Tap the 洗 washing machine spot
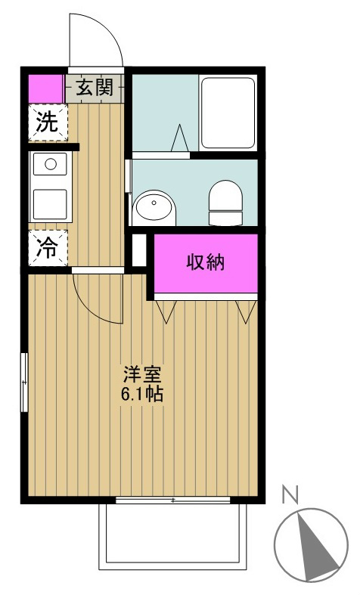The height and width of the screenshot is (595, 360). click(x=48, y=124)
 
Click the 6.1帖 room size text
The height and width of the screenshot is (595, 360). click(x=142, y=394)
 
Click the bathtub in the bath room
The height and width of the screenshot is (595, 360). click(x=228, y=113)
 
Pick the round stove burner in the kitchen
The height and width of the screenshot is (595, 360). click(x=49, y=163)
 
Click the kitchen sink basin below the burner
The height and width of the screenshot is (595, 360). click(x=49, y=203)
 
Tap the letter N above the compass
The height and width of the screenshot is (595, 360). click(x=288, y=495)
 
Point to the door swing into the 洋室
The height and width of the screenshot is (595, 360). click(x=98, y=299)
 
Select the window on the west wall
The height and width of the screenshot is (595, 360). click(x=25, y=382)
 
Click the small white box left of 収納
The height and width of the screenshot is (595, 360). click(x=138, y=250)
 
